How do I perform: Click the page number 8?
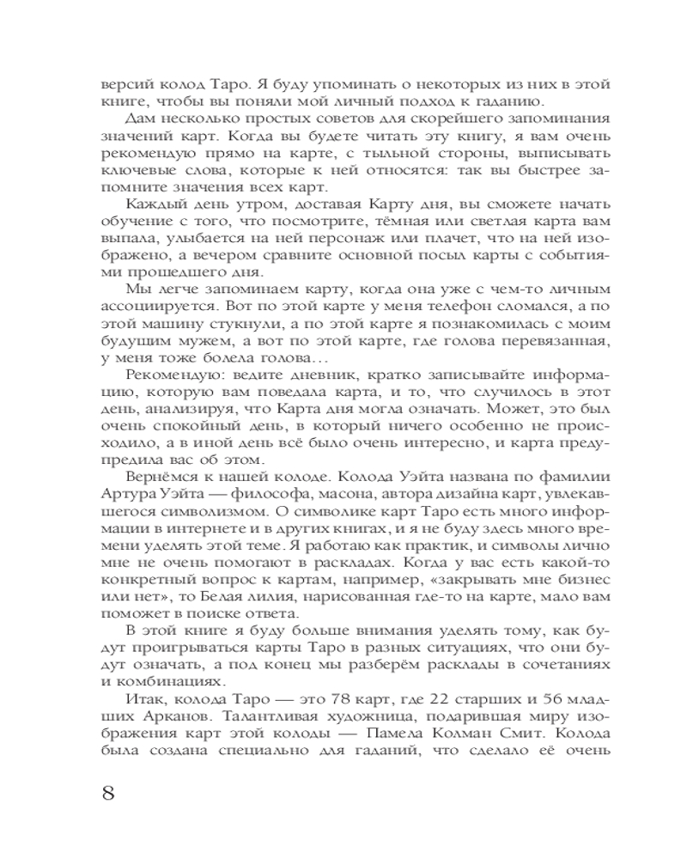[x=108, y=790]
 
